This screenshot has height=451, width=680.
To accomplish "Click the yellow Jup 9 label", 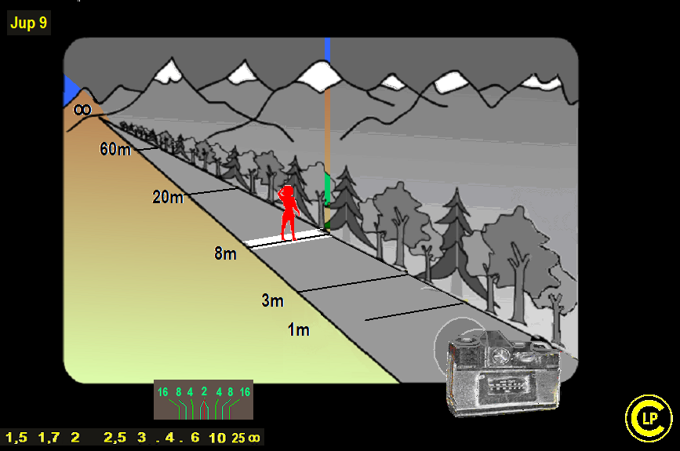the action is [x=28, y=23].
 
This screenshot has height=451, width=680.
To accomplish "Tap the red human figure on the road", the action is [x=289, y=213].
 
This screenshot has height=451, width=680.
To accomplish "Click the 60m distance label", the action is [x=115, y=149].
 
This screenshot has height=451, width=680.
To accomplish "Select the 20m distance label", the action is [x=168, y=197].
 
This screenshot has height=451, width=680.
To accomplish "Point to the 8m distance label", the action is [x=226, y=253].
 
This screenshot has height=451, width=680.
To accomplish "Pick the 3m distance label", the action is [x=272, y=300].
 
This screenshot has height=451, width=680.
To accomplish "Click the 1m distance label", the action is [x=299, y=329].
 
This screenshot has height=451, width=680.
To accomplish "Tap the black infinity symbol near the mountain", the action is [x=82, y=109].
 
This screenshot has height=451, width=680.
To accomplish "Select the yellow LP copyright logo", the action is [x=649, y=418].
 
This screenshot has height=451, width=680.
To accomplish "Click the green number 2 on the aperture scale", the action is [x=204, y=391].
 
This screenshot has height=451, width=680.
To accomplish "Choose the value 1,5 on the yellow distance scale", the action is [x=16, y=438].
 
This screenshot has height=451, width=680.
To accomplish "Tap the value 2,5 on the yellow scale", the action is [x=115, y=438].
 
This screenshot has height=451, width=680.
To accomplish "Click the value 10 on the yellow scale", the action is [x=217, y=438].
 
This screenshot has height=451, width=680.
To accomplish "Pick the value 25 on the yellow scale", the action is [x=238, y=438].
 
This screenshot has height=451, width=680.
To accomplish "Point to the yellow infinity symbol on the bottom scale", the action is [x=254, y=438].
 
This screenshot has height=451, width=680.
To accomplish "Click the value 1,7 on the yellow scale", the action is [x=49, y=438].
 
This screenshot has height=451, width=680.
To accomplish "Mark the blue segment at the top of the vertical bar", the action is [x=327, y=50].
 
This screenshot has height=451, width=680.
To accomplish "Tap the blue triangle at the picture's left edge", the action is [x=71, y=90].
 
